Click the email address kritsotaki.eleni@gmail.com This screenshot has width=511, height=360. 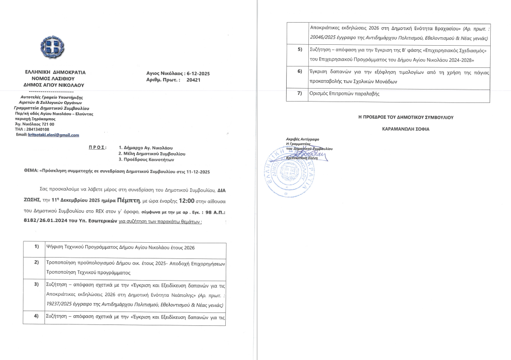[54, 135]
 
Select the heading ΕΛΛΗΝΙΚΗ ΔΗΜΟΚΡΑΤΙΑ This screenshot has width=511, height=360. [55, 72]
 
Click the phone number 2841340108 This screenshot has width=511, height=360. [37, 130]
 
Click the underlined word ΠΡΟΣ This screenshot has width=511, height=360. [97, 147]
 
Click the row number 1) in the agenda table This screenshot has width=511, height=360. [36, 247]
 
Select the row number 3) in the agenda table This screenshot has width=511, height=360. [36, 284]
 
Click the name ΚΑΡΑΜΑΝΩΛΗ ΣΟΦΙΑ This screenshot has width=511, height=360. [406, 129]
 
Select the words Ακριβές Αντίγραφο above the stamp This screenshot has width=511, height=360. [302, 139]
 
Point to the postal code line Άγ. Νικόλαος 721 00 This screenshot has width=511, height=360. [35, 124]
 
